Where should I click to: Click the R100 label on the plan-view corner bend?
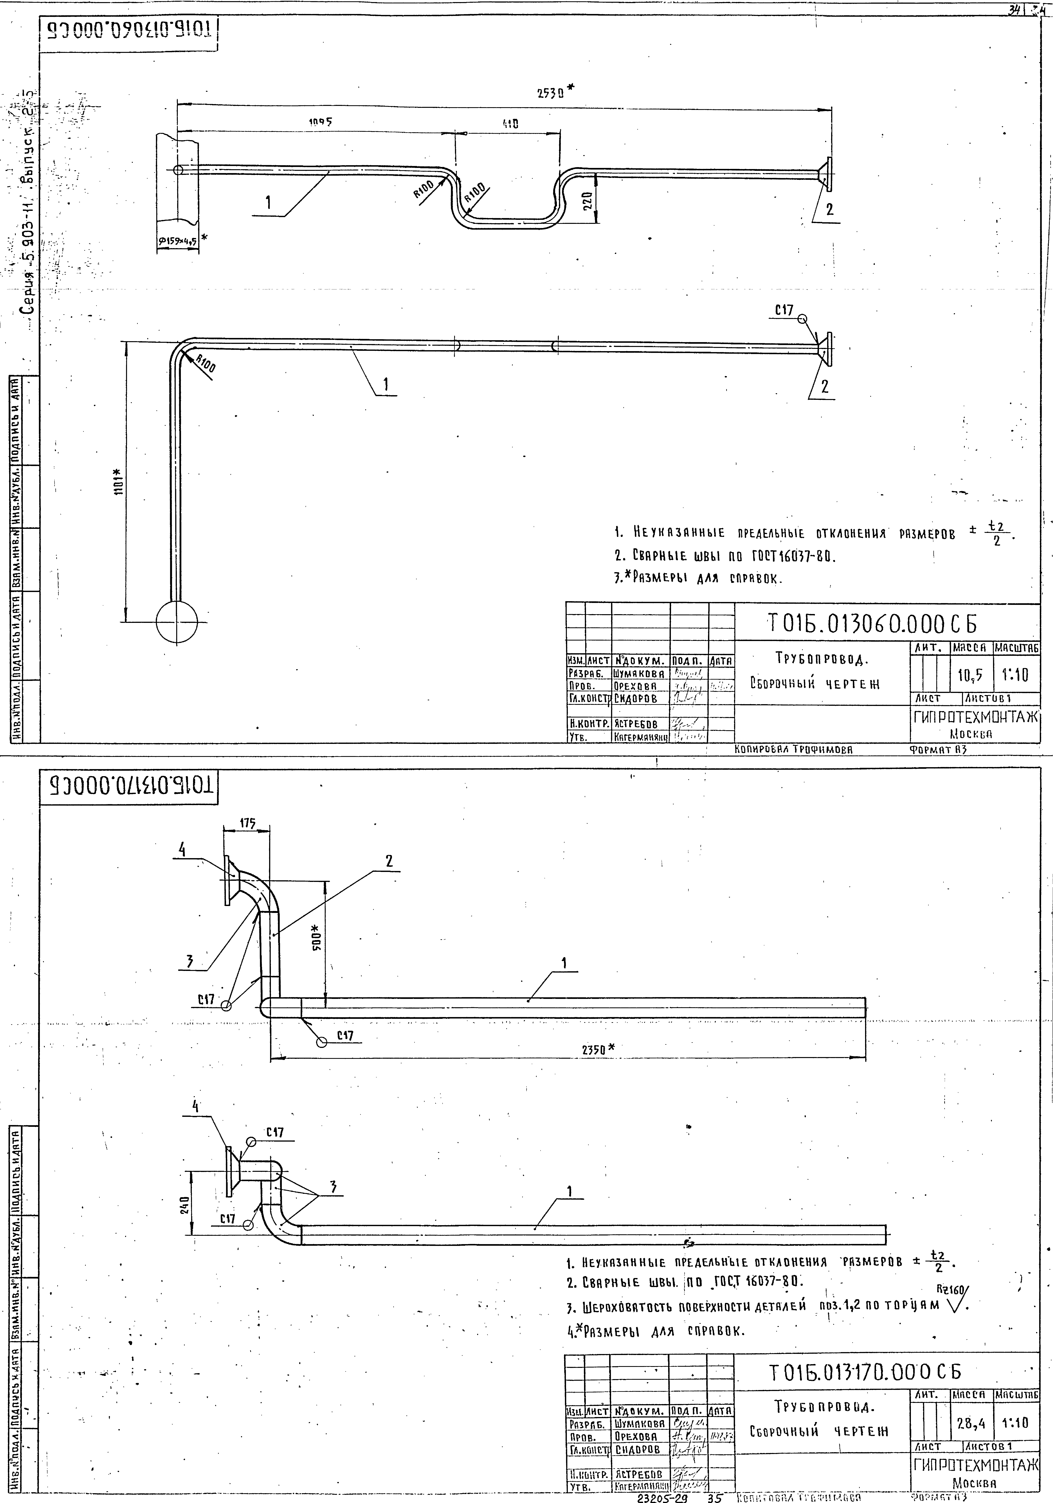(x=206, y=363)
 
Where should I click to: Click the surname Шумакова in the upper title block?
(x=639, y=674)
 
